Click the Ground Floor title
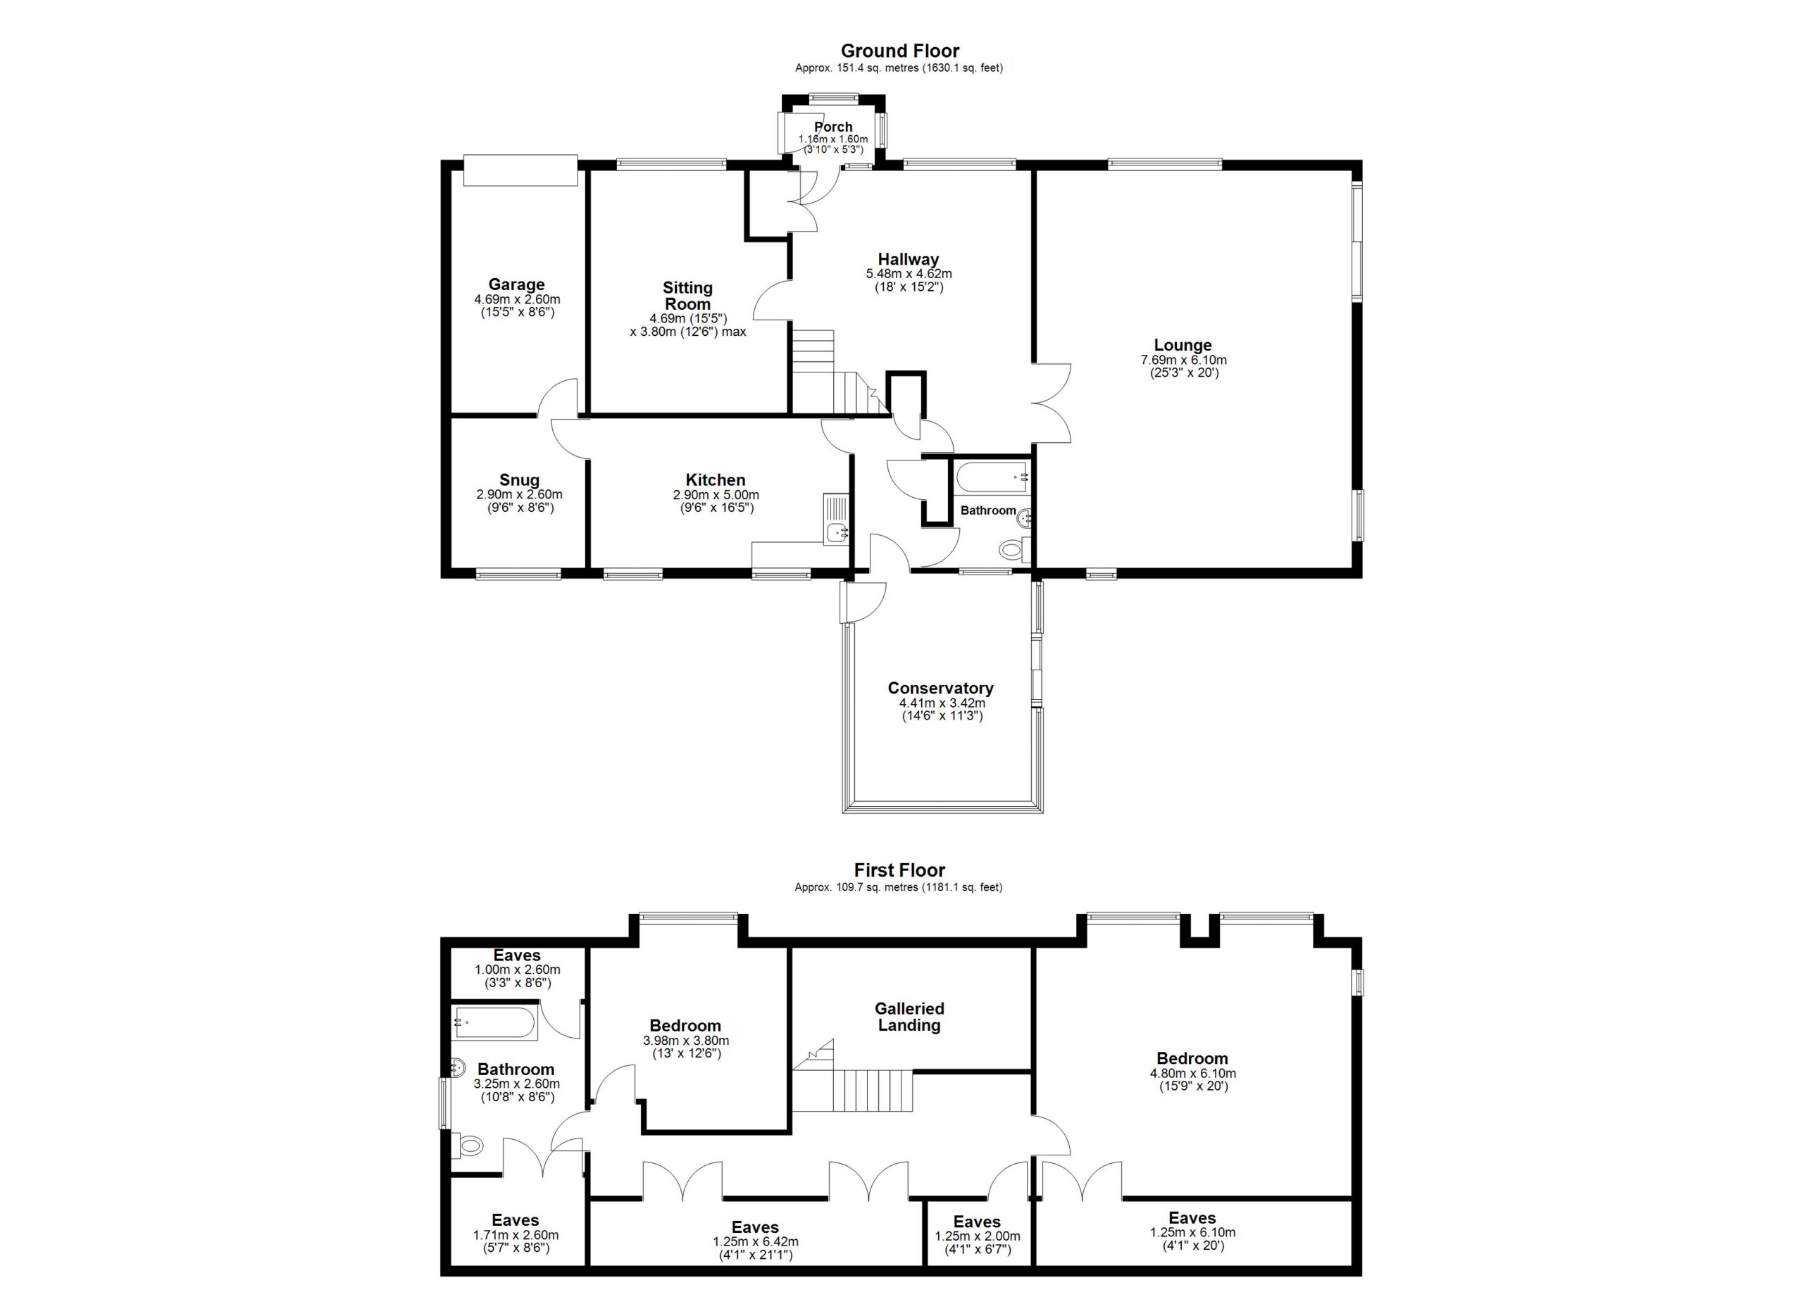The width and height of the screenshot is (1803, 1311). tap(900, 51)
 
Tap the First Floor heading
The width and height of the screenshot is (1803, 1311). tap(900, 870)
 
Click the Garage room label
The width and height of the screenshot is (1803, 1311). tap(517, 284)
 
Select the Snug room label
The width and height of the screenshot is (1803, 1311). tap(519, 480)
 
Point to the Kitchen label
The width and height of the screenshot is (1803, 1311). tap(716, 480)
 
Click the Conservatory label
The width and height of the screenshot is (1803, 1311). tap(940, 688)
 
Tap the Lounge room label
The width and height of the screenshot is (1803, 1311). tap(1183, 345)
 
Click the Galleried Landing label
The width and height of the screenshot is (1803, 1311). tap(909, 1016)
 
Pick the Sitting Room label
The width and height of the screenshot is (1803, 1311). tap(687, 296)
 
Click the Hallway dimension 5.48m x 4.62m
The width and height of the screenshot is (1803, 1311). tap(909, 273)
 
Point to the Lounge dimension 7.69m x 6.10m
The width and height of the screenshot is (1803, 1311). tap(1183, 360)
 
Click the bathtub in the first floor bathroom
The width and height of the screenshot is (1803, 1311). tap(495, 1023)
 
